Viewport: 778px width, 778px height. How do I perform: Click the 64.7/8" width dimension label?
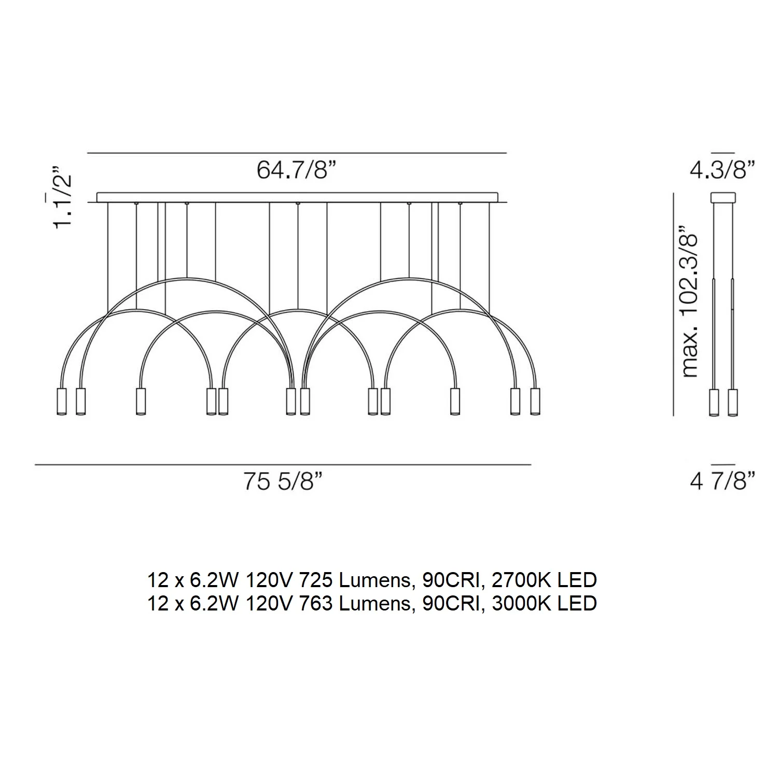pos(297,170)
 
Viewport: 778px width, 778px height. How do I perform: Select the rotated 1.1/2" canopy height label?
pos(62,197)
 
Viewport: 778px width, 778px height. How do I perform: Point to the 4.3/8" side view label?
pos(722,170)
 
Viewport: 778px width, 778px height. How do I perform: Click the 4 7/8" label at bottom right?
pos(722,482)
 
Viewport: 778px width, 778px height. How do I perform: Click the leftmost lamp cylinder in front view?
pos(61,401)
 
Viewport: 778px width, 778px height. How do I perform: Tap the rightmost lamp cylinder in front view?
pos(535,401)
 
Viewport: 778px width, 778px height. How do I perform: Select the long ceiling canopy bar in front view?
pos(297,197)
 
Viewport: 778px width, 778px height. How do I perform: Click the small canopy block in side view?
pos(723,197)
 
